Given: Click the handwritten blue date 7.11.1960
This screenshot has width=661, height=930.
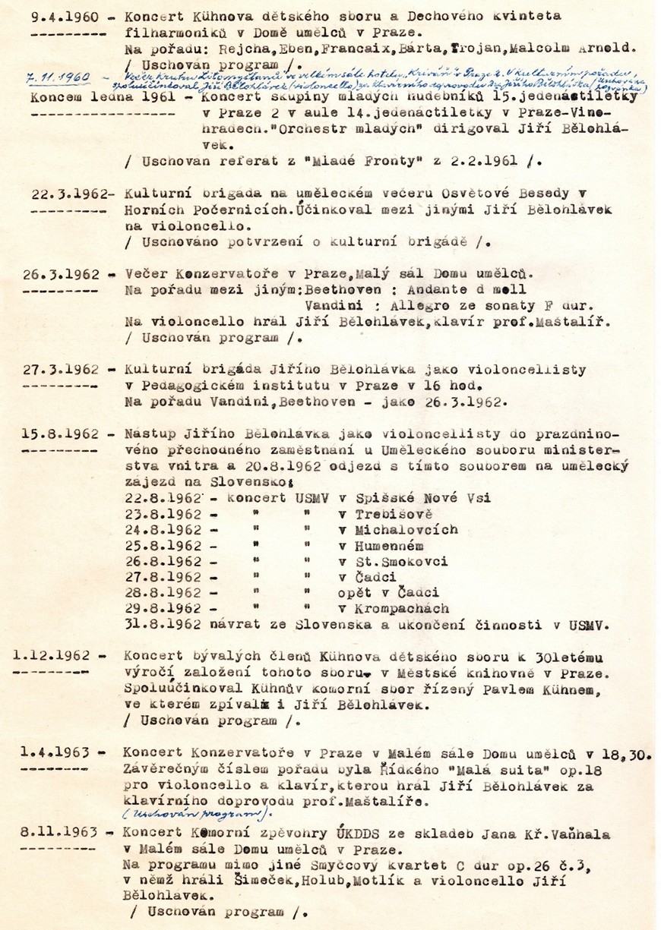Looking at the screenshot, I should pyautogui.click(x=57, y=78).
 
